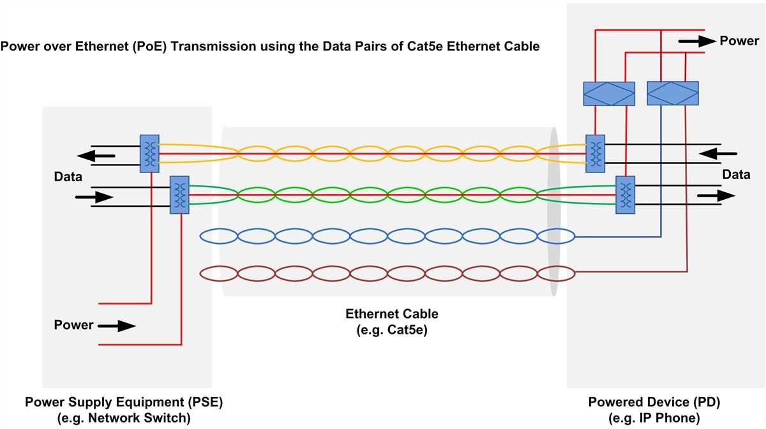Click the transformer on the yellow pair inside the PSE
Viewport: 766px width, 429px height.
tap(149, 153)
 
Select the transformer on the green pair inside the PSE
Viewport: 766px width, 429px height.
tap(179, 195)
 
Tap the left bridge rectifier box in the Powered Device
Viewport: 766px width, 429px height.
tap(609, 93)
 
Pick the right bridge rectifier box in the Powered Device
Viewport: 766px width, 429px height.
tap(673, 93)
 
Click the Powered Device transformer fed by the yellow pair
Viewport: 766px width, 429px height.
tap(596, 153)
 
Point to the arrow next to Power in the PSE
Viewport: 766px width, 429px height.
tap(117, 326)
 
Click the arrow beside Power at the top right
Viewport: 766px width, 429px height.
tap(696, 41)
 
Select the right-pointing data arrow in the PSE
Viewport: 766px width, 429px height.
tap(93, 197)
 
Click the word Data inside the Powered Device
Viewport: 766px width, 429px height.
tap(736, 174)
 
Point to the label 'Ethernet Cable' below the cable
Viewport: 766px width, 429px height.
tap(392, 313)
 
